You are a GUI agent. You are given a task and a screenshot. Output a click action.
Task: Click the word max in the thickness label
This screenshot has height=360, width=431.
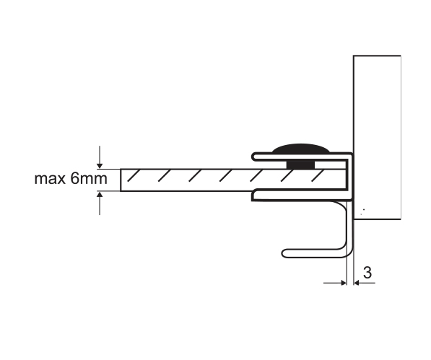[50, 179]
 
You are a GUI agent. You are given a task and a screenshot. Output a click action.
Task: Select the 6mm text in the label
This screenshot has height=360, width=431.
[89, 178]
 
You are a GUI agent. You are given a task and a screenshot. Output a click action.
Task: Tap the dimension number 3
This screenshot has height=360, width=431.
[367, 273]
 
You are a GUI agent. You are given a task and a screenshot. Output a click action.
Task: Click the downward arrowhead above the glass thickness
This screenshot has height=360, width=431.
[100, 166]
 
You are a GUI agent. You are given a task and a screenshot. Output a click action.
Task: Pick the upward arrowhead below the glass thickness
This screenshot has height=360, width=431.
[100, 194]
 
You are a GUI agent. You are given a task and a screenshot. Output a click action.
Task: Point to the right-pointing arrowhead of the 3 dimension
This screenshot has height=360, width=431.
[344, 283]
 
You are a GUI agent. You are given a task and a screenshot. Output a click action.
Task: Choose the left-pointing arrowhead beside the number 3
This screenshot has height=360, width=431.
[357, 283]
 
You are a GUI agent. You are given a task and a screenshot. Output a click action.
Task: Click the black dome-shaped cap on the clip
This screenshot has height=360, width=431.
[301, 148]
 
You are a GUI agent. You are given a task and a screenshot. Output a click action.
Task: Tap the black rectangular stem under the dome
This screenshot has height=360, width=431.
[301, 164]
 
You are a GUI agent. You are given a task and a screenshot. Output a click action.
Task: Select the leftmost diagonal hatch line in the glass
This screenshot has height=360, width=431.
[134, 176]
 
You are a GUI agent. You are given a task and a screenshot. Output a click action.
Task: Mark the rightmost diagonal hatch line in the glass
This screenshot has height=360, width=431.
[318, 176]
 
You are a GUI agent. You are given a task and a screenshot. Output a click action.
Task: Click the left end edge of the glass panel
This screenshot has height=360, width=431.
[121, 180]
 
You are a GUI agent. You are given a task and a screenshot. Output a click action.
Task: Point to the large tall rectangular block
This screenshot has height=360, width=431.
[377, 137]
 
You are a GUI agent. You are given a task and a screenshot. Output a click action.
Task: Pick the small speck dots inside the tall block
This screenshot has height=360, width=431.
[362, 211]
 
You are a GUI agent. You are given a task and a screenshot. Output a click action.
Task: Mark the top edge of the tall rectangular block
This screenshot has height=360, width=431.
[377, 56]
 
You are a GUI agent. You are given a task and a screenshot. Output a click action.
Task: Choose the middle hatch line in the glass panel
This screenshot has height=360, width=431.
[226, 176]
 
